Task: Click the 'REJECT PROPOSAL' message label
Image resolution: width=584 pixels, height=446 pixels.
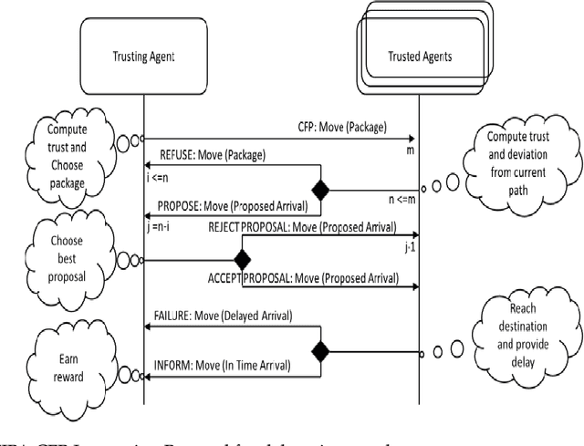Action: tap(302, 225)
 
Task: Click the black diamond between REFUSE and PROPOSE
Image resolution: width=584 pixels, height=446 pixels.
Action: tap(318, 191)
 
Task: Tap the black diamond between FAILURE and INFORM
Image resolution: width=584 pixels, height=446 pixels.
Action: tap(318, 349)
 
